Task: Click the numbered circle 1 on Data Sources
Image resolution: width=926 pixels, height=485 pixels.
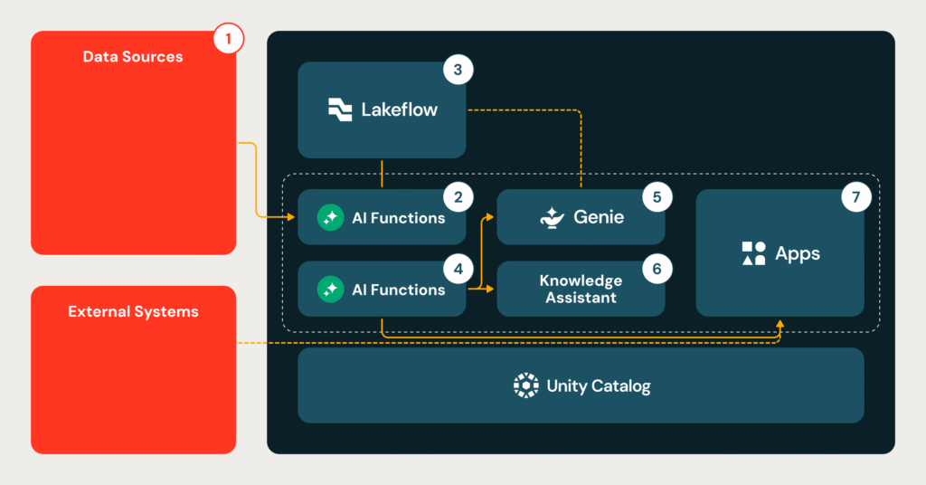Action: coord(229,39)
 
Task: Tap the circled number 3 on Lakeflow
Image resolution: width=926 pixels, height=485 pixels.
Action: coord(458,70)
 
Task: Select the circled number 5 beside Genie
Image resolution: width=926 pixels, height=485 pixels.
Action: coord(657,196)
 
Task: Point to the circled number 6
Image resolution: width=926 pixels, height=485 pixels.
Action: coord(657,269)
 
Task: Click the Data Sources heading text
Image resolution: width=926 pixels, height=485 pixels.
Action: coord(133,57)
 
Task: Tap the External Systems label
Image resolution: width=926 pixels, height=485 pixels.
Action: coord(133,311)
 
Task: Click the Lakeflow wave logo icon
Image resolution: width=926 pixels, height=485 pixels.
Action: coord(340,109)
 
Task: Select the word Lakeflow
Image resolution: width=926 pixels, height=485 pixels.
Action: coord(399,109)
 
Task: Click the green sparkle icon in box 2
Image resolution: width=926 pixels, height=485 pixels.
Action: coord(331,217)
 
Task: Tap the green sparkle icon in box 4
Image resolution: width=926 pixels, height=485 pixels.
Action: coord(331,290)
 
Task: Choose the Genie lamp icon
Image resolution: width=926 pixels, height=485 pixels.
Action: coord(552,217)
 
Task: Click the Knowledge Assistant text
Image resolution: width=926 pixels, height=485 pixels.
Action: coord(581,290)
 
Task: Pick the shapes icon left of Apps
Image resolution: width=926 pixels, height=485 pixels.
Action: coord(753,253)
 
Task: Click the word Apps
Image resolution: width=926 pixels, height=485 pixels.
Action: coord(798,253)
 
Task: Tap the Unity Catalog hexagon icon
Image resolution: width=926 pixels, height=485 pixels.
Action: coord(525,385)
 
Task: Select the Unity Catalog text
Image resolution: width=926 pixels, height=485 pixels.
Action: coord(598,386)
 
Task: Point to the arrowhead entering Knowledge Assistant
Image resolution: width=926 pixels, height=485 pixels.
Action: coord(491,290)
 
